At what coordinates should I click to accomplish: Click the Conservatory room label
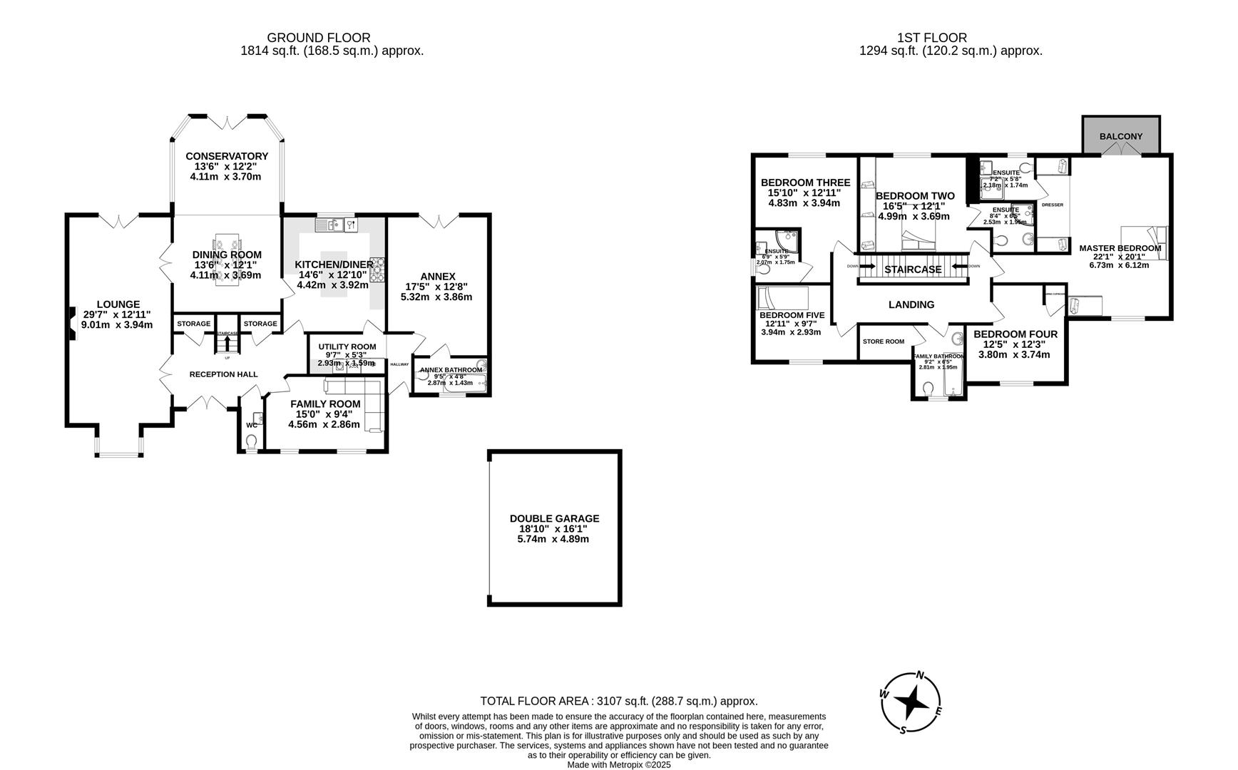(227, 156)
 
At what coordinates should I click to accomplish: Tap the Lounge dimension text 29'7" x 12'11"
(117, 314)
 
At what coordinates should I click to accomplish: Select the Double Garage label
(554, 518)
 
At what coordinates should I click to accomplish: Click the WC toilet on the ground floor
(250, 442)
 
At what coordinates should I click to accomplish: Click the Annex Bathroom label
(451, 370)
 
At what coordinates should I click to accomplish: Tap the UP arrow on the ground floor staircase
(227, 343)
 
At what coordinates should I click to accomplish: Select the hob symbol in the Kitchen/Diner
(377, 269)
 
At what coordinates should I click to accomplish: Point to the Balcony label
(1120, 136)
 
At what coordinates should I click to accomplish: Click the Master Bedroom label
(1120, 248)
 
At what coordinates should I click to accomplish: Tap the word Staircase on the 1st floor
(913, 269)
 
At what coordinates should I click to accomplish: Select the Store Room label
(883, 342)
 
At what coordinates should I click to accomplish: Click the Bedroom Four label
(1015, 334)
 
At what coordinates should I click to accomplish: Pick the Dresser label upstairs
(1052, 205)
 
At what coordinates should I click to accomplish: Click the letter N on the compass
(921, 676)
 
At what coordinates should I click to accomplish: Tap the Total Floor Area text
(618, 701)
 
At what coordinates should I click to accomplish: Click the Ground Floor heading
(318, 38)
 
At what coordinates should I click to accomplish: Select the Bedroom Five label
(792, 315)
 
